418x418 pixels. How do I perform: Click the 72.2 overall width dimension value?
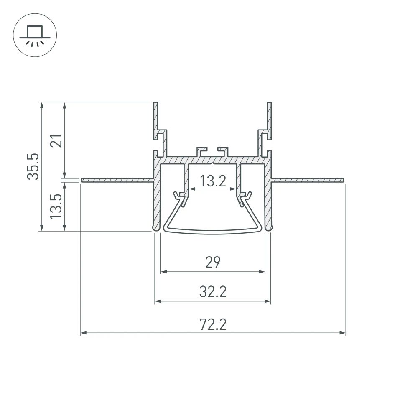pos(213,324)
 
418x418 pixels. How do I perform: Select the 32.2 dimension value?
pos(213,291)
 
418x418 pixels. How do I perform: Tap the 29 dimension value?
pos(213,262)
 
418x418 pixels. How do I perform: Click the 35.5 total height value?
pos(33,166)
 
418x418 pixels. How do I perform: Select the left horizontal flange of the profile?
pos(117,180)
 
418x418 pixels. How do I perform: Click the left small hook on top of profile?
pos(202,150)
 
